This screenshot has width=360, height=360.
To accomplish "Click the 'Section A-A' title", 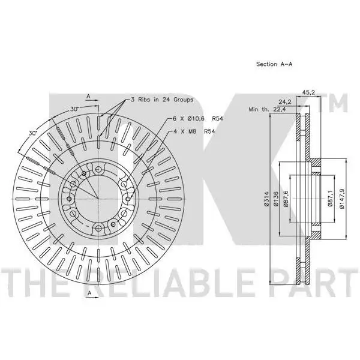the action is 274,64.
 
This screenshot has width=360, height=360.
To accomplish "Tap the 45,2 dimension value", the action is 308,92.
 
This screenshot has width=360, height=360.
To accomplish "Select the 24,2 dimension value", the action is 285,102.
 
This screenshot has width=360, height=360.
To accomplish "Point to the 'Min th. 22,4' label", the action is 267,109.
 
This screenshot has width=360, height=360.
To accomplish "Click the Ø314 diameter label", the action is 266,199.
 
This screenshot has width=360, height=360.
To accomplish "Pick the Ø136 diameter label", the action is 276,199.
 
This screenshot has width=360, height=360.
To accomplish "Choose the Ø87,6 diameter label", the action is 286,199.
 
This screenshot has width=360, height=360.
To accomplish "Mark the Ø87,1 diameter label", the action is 330,198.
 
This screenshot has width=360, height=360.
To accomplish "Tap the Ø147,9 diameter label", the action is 341,199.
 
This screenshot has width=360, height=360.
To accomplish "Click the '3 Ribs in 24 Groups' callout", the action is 162,100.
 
